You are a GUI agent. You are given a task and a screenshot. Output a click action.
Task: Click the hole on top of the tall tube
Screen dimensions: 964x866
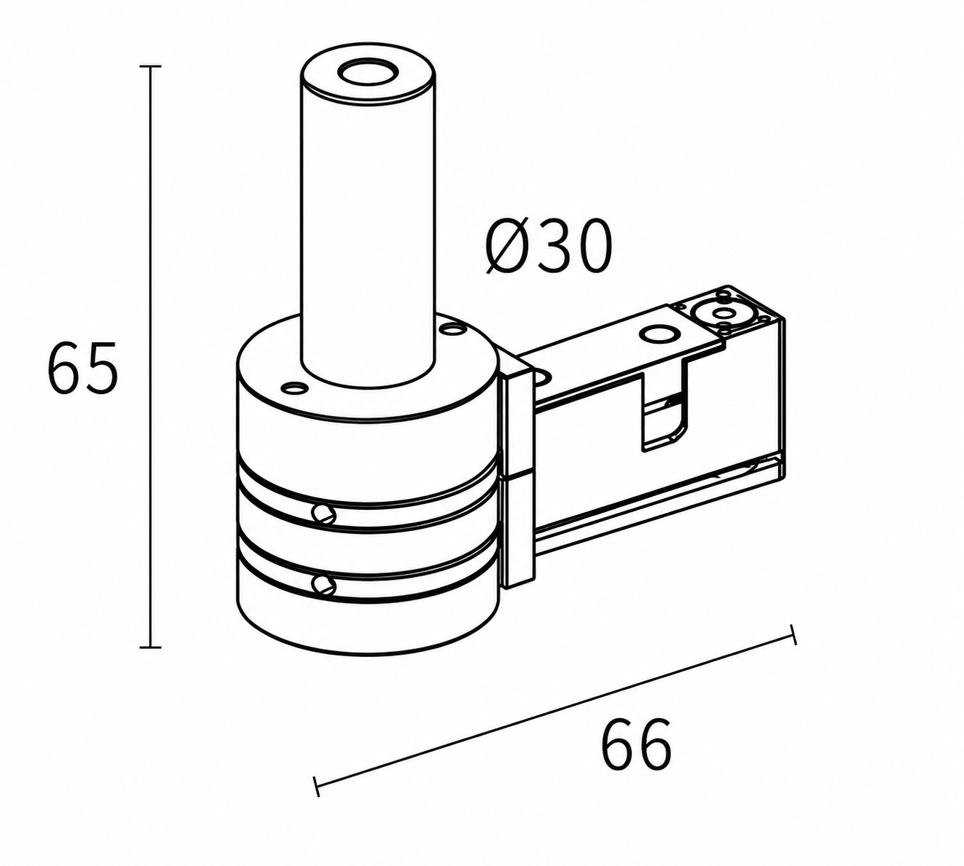(367, 74)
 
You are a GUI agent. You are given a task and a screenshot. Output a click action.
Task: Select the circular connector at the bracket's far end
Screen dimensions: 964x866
(719, 313)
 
